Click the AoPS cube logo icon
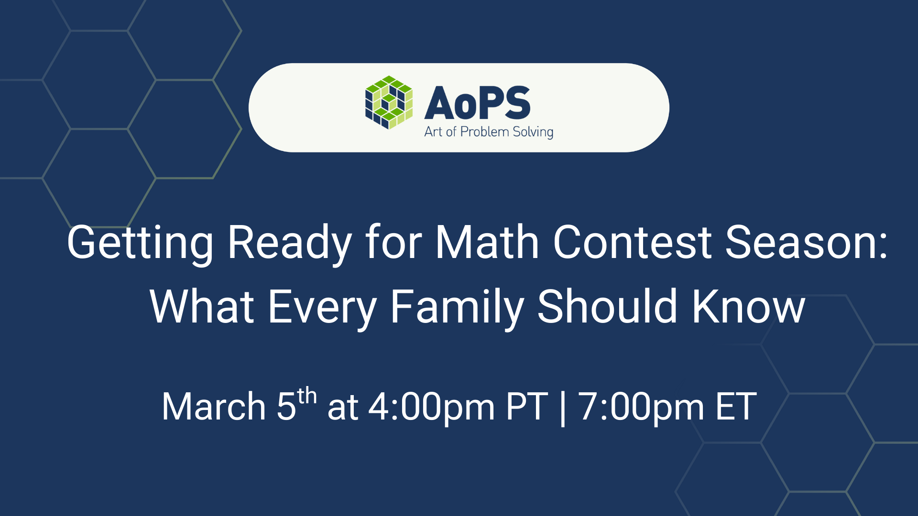[389, 103]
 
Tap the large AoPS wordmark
[477, 103]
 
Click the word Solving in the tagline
[533, 132]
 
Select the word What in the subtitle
[201, 307]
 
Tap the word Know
[748, 307]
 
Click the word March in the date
[213, 407]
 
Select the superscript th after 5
[306, 397]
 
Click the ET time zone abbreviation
[736, 407]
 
